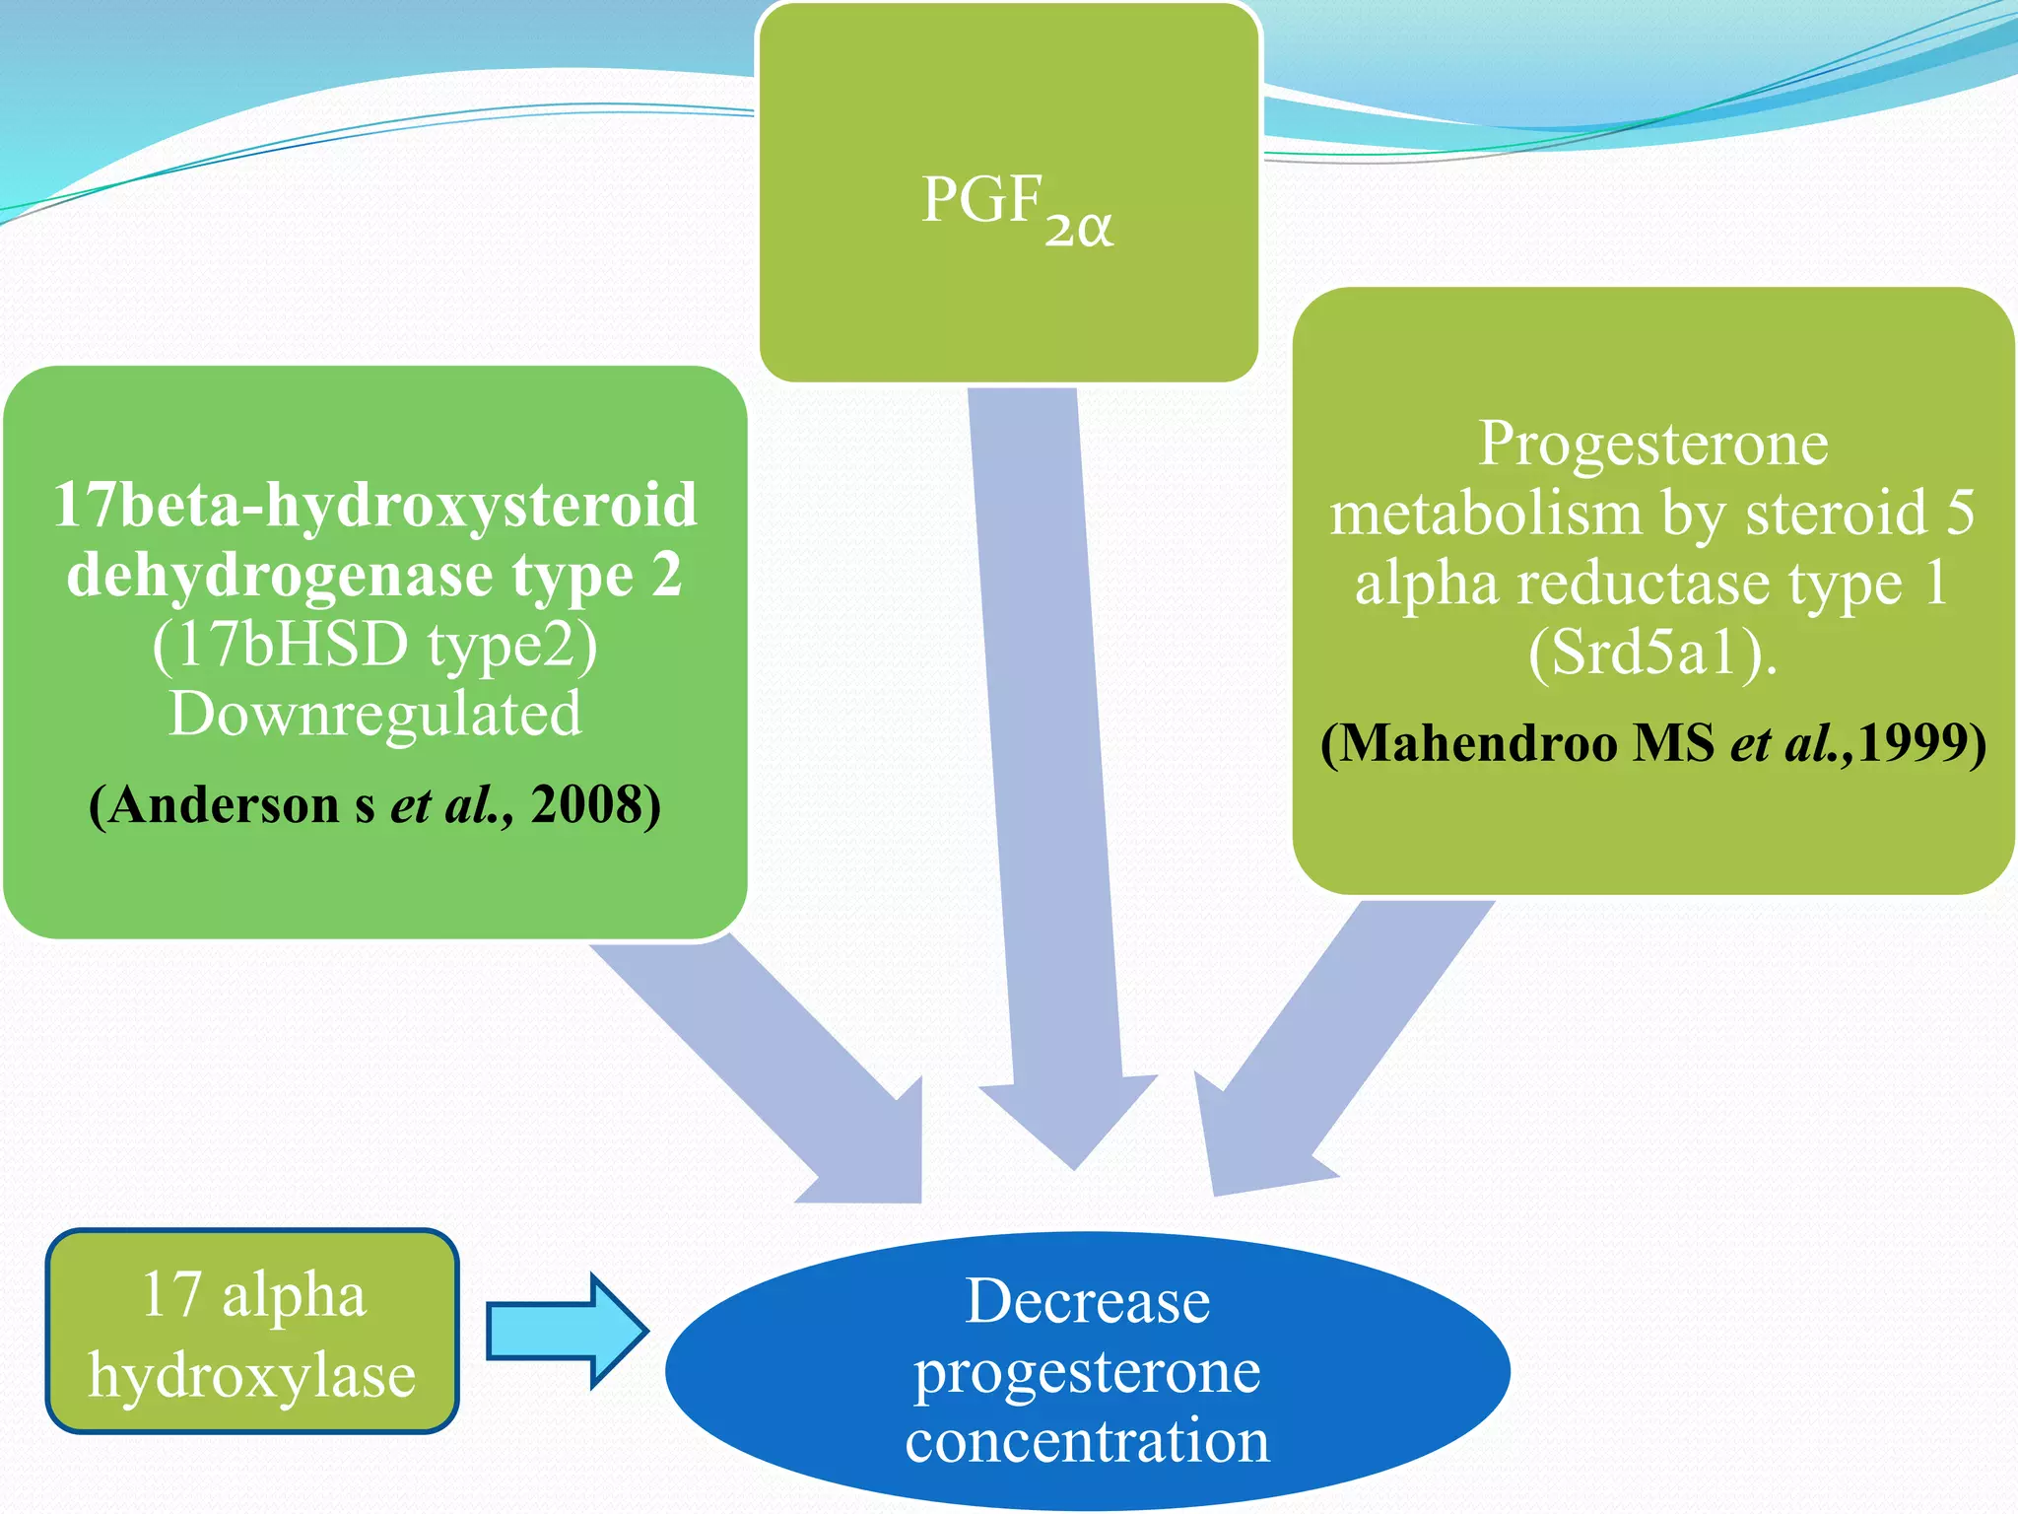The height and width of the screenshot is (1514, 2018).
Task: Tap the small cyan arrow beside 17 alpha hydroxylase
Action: (567, 1331)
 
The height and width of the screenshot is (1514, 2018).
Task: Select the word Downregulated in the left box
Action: (375, 714)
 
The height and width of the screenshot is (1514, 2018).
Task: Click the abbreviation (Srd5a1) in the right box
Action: (1652, 653)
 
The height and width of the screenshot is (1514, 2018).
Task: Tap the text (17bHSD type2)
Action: (375, 645)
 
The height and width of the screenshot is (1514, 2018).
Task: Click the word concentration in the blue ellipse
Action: (1087, 1440)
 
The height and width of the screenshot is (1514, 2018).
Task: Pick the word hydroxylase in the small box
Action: (252, 1376)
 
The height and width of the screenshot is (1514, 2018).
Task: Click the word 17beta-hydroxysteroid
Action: (375, 506)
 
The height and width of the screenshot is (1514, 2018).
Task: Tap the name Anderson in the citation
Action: (224, 805)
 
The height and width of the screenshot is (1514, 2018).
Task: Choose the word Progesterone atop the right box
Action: (1652, 444)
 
